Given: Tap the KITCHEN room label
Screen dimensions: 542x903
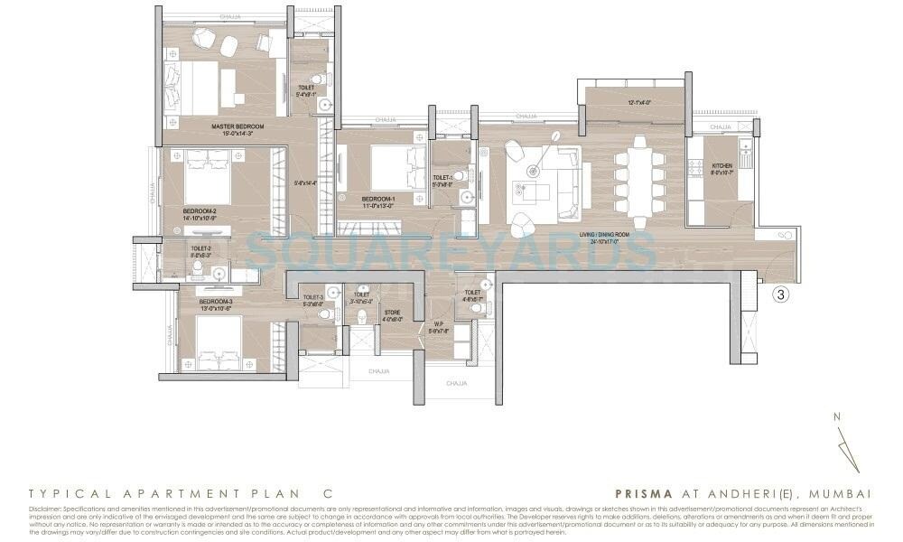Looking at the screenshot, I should click(x=721, y=165).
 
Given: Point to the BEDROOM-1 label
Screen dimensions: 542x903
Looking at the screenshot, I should click(x=377, y=198).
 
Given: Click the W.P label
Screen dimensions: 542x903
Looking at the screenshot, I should click(x=438, y=326).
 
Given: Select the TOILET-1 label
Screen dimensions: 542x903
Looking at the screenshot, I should click(x=442, y=177).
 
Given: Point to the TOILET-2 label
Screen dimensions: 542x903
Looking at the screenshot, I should click(x=200, y=248).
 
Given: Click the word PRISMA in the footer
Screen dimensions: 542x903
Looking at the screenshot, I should click(x=639, y=494).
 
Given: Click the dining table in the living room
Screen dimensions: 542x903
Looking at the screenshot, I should click(x=639, y=182).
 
